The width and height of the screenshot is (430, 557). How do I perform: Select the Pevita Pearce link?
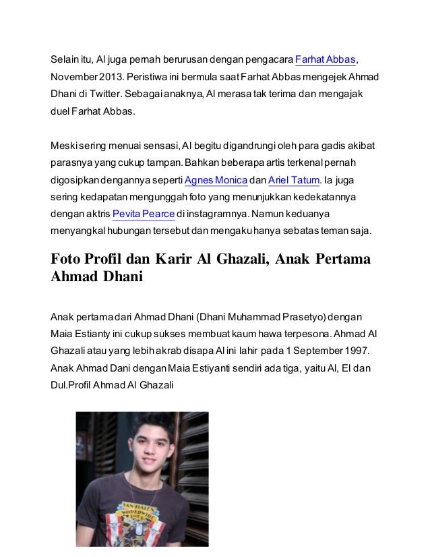[x=144, y=214]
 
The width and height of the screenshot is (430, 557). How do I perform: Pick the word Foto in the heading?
[x=70, y=260]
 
